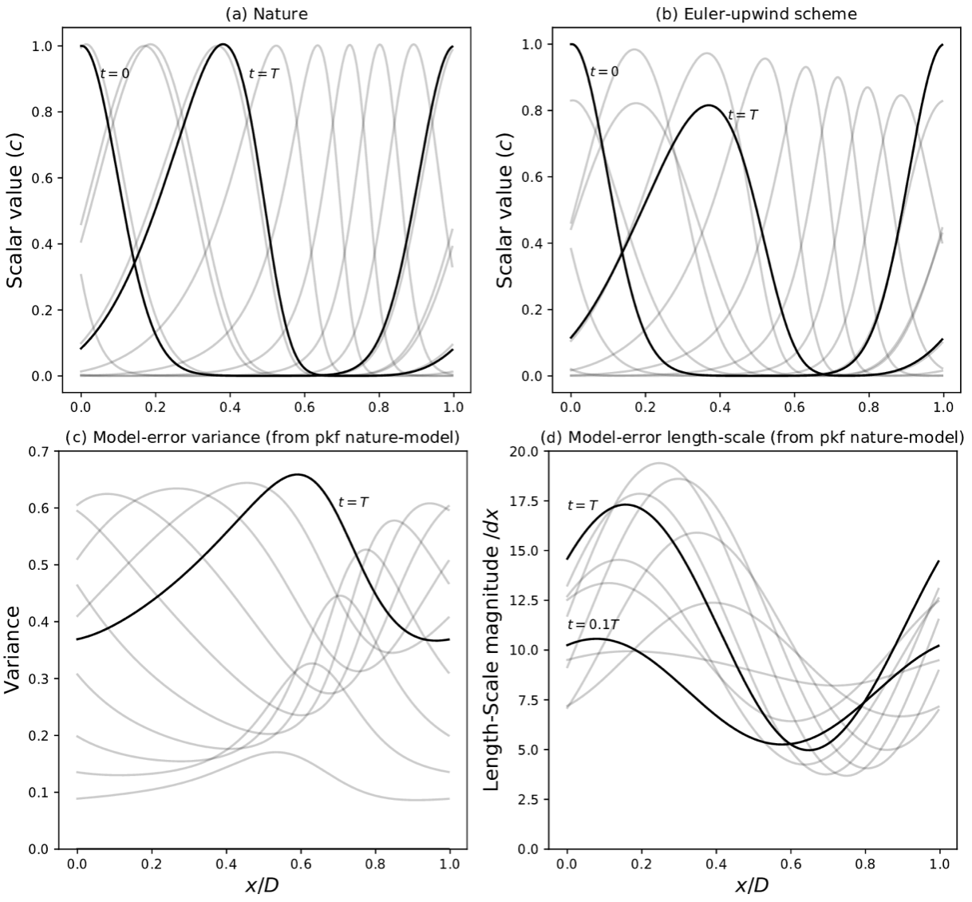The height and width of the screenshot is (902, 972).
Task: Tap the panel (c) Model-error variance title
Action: (263, 437)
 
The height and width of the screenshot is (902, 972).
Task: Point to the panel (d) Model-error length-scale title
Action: (753, 437)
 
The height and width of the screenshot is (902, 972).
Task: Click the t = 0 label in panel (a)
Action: (113, 73)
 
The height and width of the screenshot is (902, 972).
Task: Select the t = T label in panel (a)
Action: (264, 73)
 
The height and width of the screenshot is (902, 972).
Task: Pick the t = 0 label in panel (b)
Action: (603, 72)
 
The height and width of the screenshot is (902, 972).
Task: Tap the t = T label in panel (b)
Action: (743, 115)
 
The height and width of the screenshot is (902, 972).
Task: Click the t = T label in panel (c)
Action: (353, 503)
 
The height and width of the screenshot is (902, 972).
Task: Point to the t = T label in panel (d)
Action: (583, 505)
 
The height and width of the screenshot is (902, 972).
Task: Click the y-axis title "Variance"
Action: (16, 649)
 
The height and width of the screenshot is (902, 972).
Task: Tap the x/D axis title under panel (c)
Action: (263, 885)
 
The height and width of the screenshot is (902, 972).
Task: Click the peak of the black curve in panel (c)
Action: (298, 474)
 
